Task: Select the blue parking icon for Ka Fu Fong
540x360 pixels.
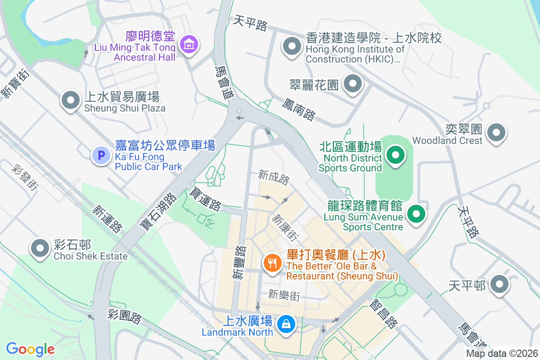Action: tap(101, 156)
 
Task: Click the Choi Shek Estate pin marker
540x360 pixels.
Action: tap(40, 248)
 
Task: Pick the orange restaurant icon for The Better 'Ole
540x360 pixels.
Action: tap(272, 263)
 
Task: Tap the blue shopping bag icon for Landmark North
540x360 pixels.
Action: tap(285, 324)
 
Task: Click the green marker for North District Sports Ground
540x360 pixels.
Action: tap(396, 155)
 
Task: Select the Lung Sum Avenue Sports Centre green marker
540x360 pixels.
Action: tap(416, 214)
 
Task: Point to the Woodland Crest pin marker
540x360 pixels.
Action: tap(497, 132)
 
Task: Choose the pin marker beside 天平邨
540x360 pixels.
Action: tap(499, 284)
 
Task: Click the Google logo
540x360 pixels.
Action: tap(30, 349)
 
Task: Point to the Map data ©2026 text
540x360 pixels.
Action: tap(501, 353)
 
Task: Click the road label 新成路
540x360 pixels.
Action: tap(274, 177)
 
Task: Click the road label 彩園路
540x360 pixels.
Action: tap(125, 317)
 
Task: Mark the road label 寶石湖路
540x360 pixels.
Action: tap(158, 212)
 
